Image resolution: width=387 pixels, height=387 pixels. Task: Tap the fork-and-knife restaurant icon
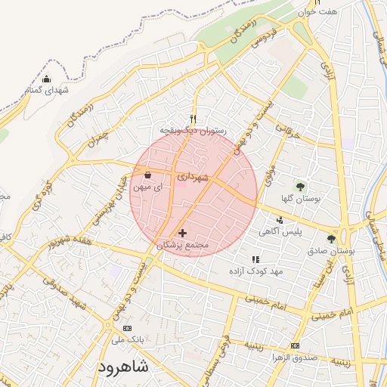[193, 119]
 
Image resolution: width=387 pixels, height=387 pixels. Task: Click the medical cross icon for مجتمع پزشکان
[182, 233]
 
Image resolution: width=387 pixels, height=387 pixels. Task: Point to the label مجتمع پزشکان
[181, 245]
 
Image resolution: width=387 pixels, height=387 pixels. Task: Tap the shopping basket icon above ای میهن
[147, 175]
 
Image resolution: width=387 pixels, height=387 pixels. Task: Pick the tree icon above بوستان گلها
[301, 185]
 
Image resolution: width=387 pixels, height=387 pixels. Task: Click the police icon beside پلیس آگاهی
[280, 220]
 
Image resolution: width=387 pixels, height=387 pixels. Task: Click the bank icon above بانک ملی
[126, 329]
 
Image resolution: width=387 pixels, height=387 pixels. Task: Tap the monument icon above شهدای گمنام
[46, 79]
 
